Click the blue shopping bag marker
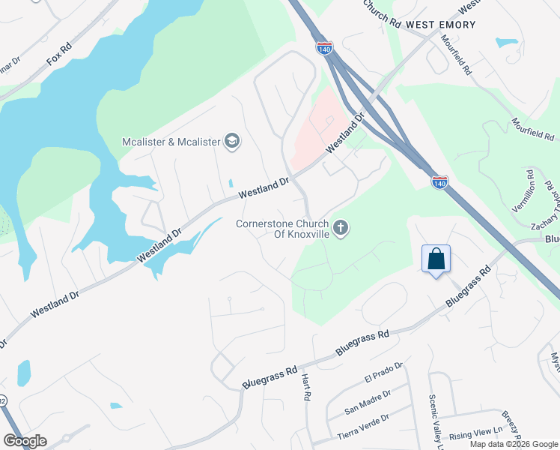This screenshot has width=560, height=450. [x=436, y=259]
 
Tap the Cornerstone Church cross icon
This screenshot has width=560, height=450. [x=341, y=227]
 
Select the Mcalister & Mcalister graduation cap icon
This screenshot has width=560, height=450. [x=232, y=142]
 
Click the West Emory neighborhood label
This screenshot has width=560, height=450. [x=440, y=25]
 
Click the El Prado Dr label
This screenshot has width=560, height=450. [x=383, y=373]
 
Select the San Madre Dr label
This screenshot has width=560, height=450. [x=368, y=402]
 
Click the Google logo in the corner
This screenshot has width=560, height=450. [x=24, y=440]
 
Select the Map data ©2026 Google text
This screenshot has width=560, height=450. [x=514, y=444]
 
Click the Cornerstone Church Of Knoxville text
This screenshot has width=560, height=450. [x=281, y=228]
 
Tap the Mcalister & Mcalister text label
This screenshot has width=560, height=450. [x=172, y=142]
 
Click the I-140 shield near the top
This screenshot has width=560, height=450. [x=323, y=48]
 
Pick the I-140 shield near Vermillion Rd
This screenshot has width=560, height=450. [x=440, y=182]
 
